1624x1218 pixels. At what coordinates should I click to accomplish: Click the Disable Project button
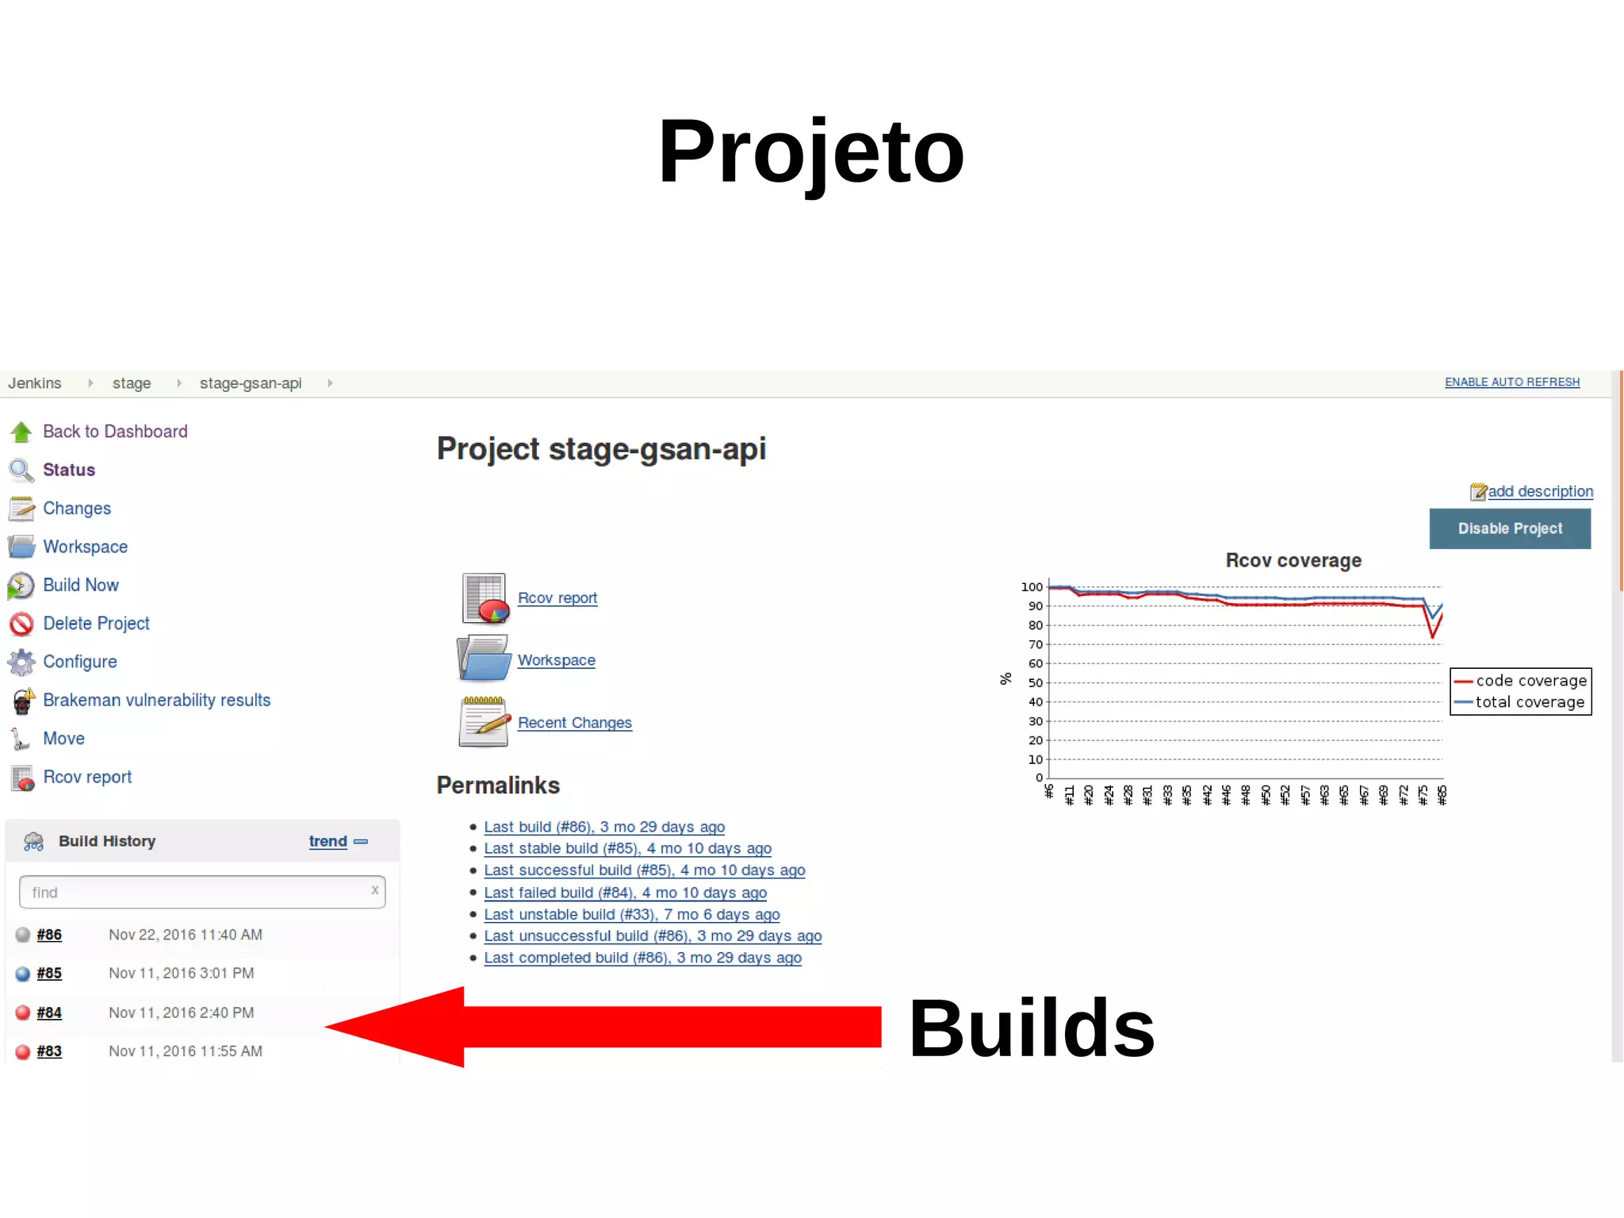1509,528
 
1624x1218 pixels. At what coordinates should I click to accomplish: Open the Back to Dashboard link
115,432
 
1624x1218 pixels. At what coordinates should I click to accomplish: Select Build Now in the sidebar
80,586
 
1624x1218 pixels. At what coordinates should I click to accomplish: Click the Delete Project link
96,624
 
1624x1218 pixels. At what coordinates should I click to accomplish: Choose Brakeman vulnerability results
156,701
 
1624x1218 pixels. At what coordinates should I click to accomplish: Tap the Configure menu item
79,662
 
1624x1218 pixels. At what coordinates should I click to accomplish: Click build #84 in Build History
49,1013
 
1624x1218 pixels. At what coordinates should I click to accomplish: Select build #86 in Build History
49,936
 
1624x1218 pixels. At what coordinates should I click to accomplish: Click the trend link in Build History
327,841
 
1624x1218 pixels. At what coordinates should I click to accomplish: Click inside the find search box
198,893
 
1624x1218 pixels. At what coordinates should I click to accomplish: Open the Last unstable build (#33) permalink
631,915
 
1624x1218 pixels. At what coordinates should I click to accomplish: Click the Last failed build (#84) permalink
625,893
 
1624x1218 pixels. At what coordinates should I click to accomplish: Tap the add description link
1539,492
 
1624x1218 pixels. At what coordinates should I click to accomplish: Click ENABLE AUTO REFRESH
1511,382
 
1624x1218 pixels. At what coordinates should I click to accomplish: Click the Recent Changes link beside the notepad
574,723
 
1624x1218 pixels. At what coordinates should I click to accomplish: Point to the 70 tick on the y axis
1035,644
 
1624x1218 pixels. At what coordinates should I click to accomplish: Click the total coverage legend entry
1529,702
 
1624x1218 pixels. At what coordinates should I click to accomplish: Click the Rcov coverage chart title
1293,561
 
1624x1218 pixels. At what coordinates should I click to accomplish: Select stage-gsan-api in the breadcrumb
251,384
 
